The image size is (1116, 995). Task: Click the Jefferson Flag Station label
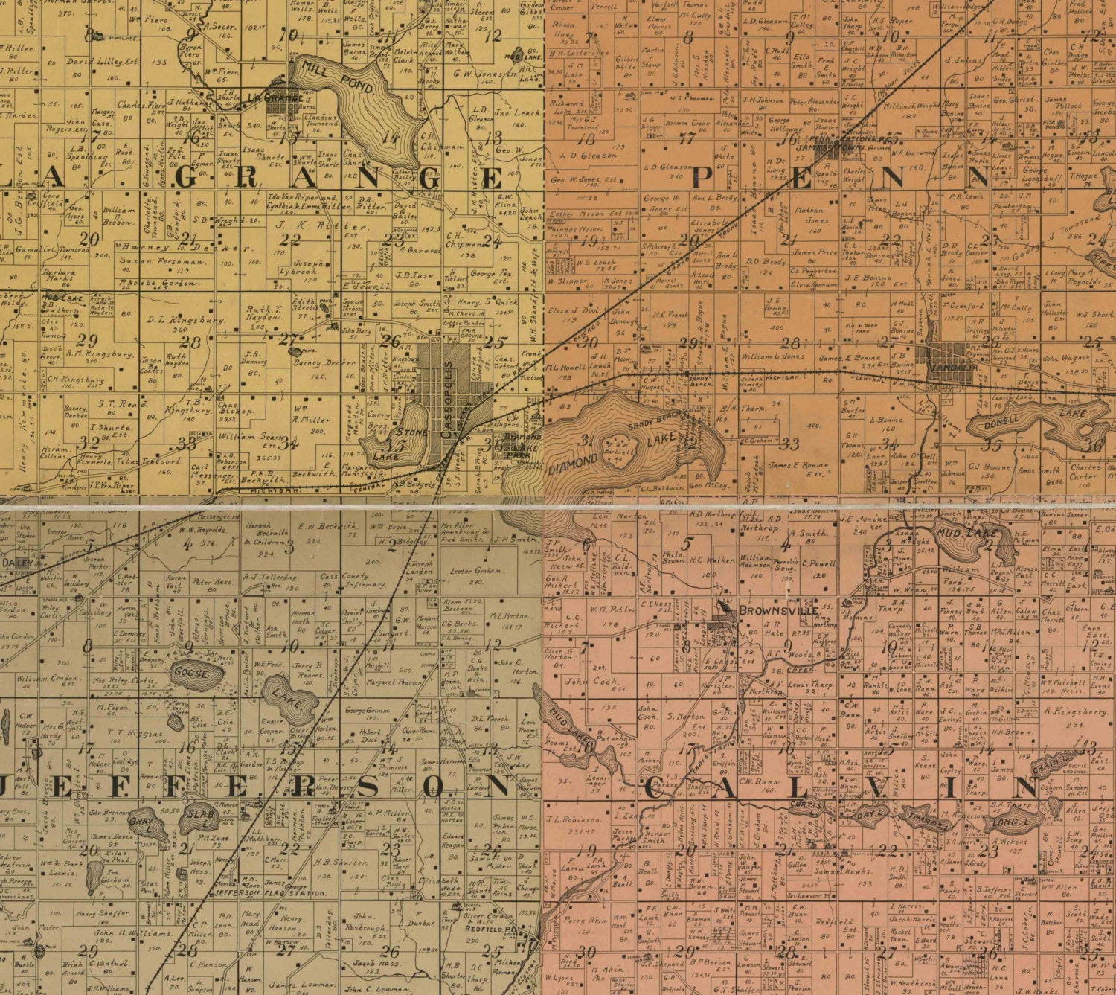click(269, 892)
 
